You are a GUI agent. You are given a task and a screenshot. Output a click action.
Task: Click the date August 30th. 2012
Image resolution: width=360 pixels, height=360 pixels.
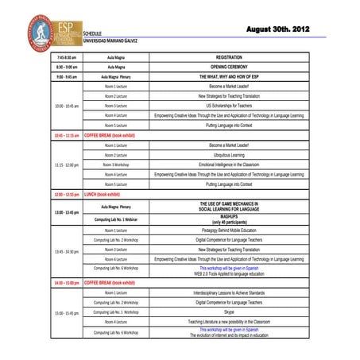[x=278, y=29]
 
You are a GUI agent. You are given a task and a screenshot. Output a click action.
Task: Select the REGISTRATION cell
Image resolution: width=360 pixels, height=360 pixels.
[x=229, y=58]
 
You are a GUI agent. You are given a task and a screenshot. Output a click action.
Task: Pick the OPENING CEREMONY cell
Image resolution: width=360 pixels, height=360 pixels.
[x=229, y=68]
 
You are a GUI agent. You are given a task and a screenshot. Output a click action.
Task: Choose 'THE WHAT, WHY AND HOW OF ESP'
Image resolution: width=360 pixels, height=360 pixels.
[x=229, y=77]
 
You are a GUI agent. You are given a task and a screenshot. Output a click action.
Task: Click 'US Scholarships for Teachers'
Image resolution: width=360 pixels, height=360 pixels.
[x=229, y=106]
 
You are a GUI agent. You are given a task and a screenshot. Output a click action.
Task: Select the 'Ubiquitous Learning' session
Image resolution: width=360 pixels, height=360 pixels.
[x=229, y=155]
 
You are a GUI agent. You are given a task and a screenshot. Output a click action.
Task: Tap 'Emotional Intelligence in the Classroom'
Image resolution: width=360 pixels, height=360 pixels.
[x=229, y=165]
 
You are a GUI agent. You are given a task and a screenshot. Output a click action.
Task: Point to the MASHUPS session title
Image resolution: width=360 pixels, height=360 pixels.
[x=229, y=215]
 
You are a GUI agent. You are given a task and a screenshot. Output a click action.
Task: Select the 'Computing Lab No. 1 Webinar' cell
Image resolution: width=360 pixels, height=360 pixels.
[x=115, y=219]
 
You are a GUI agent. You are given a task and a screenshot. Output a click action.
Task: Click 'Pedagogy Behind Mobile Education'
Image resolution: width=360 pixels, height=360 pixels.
[x=229, y=230]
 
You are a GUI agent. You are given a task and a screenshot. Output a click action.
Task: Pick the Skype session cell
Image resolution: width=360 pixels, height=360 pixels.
[x=229, y=312]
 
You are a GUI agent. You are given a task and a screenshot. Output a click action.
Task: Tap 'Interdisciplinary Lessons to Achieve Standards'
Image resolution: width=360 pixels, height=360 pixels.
[x=229, y=292]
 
